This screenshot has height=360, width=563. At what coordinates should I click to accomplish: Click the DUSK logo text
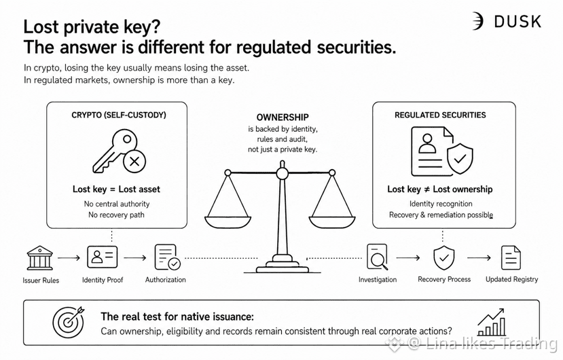(x=517, y=22)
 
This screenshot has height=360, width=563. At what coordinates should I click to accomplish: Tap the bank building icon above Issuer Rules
(x=40, y=257)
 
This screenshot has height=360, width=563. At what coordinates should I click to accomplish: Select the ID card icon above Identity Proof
(x=102, y=257)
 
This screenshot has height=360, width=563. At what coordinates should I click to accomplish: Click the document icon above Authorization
(x=167, y=257)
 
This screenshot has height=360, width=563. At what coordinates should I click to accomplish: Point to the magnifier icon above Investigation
(x=378, y=257)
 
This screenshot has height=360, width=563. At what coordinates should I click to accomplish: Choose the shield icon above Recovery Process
(x=443, y=257)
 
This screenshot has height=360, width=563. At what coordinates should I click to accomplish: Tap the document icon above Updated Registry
(x=511, y=257)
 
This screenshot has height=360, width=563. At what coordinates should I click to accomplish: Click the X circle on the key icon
(x=134, y=161)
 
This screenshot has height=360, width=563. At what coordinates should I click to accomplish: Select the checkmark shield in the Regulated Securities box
(x=460, y=158)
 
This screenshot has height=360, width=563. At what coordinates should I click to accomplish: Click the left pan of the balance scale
(x=228, y=222)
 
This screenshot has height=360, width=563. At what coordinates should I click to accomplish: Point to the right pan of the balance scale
(x=332, y=222)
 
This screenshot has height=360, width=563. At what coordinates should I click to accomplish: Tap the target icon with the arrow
(x=69, y=321)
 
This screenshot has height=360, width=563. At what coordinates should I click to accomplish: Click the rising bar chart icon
(x=492, y=322)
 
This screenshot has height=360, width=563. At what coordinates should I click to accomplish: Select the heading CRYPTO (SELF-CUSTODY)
(x=119, y=115)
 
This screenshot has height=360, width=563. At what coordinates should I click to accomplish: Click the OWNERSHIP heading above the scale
(x=283, y=117)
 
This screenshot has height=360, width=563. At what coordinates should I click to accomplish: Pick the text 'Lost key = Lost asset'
(x=116, y=189)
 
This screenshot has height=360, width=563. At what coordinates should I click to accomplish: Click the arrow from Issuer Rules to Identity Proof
(x=69, y=257)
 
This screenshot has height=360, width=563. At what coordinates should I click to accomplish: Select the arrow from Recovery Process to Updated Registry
(x=479, y=257)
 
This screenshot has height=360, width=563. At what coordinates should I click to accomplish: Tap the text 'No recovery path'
(x=116, y=215)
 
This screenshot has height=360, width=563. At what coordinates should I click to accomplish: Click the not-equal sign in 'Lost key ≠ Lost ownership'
(x=426, y=190)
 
